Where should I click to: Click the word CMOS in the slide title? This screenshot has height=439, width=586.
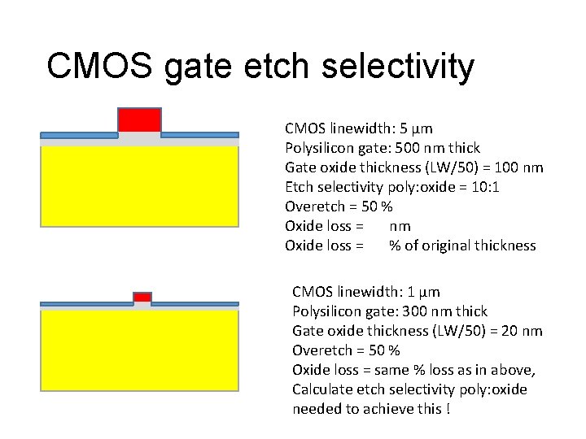click(99, 67)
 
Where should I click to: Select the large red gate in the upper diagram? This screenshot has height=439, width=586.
click(139, 120)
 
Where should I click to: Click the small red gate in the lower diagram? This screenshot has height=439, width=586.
click(142, 297)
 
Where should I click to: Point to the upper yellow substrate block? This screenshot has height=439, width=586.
click(139, 185)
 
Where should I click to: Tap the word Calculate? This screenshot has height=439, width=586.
click(323, 389)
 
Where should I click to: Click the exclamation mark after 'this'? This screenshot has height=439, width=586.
click(448, 409)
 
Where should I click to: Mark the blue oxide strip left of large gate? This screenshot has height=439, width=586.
click(79, 134)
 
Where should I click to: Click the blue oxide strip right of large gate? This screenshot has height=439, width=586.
click(199, 134)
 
